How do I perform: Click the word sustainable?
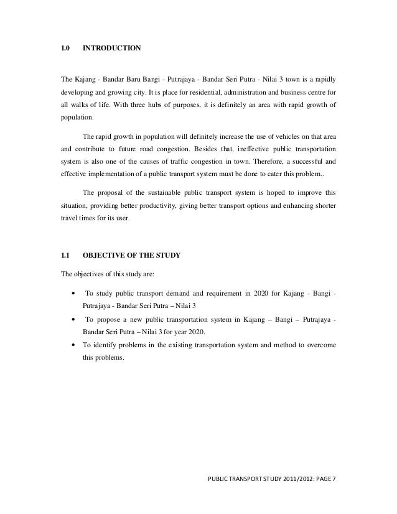pos(151,192)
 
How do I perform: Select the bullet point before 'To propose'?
pos(75,320)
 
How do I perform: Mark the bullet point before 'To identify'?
pos(75,345)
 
